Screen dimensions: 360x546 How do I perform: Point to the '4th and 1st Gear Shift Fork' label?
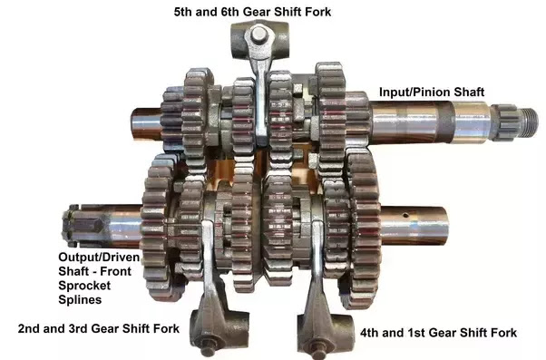click(x=438, y=333)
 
